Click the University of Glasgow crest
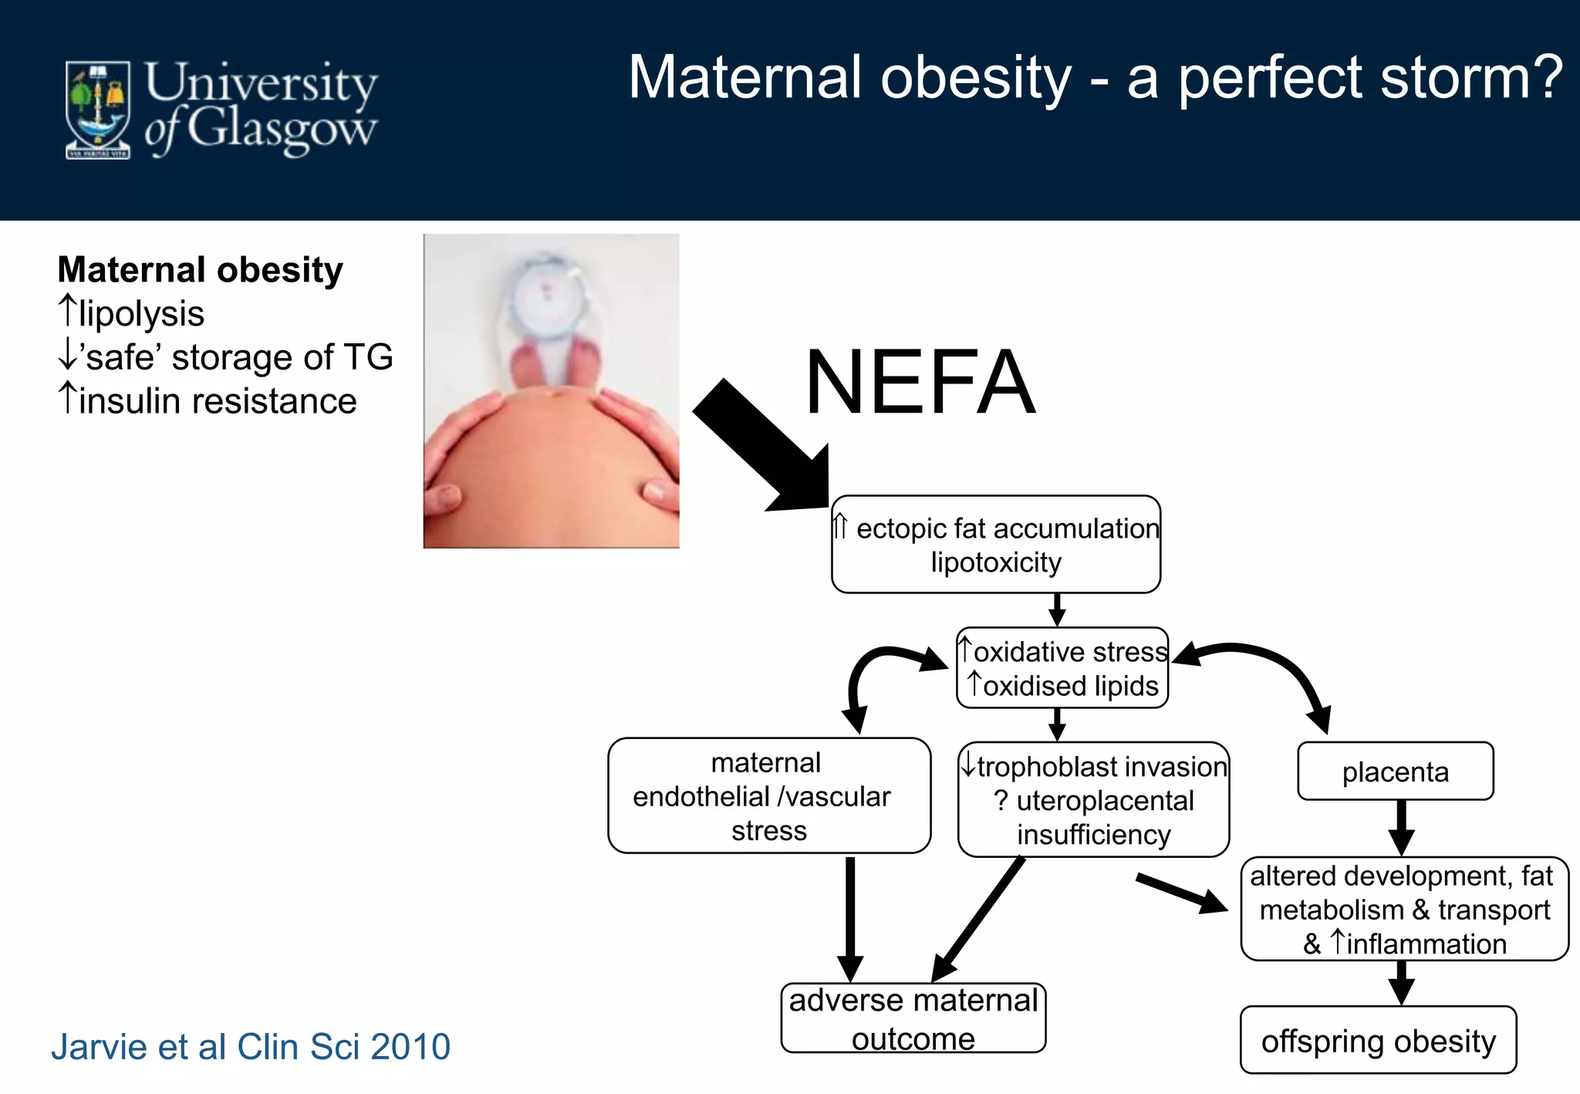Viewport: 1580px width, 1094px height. pos(98,110)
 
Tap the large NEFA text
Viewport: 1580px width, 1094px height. pos(920,383)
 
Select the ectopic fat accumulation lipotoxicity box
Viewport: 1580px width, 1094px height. pos(995,545)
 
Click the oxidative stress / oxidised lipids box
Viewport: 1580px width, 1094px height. pos(1062,668)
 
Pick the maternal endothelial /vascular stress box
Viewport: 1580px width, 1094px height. pos(768,796)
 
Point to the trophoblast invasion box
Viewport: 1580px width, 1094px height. pos(1093,800)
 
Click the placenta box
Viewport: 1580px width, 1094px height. pos(1395,772)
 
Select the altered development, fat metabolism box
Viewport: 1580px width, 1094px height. pos(1404,910)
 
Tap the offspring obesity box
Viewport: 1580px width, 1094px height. pos(1378,1041)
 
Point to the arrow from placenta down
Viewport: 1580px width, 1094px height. pos(1401,828)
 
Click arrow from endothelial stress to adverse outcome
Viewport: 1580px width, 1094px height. pos(850,918)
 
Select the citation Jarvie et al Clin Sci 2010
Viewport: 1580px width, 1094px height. pos(251,1047)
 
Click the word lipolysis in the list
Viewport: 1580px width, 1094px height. pos(141,314)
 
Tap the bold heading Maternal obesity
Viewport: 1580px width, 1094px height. pos(201,270)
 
